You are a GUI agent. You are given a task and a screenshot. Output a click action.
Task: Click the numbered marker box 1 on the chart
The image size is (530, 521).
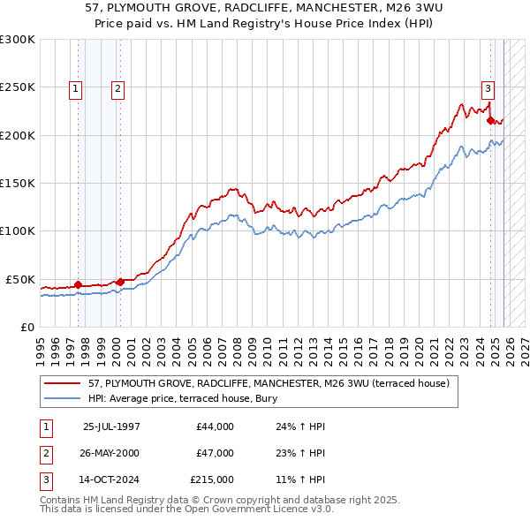coord(75,88)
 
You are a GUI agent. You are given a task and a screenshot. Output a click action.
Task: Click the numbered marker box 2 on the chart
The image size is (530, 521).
coord(117,88)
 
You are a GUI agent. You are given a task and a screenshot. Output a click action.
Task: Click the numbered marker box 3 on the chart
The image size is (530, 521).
coord(488,87)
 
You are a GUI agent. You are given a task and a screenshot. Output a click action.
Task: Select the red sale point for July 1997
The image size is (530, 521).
coord(78,284)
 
